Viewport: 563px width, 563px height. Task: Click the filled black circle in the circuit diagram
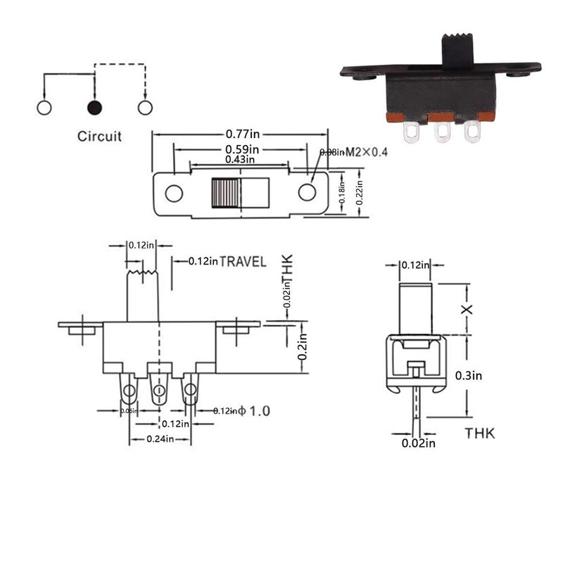coord(94,108)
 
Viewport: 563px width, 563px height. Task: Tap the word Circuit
coord(99,136)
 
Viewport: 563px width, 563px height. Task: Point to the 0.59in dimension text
coord(241,148)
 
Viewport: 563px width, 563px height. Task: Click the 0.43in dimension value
coord(241,160)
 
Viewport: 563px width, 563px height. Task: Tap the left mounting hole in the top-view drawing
coord(174,193)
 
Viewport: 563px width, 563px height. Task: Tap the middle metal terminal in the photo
coord(442,132)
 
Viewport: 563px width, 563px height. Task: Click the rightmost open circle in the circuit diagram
coord(145,108)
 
